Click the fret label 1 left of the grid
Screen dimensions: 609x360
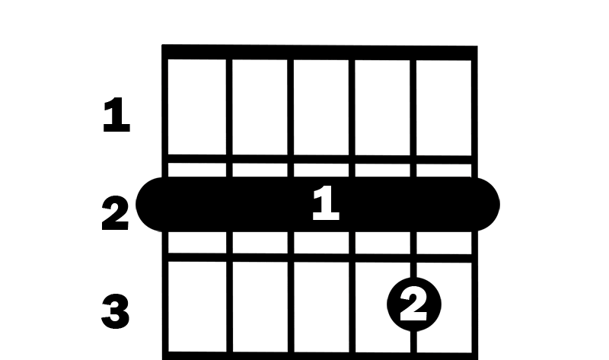point(116,115)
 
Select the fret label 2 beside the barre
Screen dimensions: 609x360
point(115,213)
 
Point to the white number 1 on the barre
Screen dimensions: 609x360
point(326,203)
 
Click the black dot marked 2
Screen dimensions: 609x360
point(414,304)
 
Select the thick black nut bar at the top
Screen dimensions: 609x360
point(320,53)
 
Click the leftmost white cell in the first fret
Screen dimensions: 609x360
point(197,107)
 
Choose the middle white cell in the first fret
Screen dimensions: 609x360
point(321,107)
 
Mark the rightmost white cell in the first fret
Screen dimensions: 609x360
point(444,108)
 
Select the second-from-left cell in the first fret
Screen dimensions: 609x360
point(260,107)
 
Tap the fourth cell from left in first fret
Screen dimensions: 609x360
point(382,107)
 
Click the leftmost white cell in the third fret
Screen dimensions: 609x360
point(197,307)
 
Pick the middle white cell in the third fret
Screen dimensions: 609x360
point(321,307)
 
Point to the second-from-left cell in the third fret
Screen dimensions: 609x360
point(260,307)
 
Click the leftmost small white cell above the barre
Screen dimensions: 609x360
point(197,170)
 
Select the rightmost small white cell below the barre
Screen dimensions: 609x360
point(444,243)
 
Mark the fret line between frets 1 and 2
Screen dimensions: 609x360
point(320,159)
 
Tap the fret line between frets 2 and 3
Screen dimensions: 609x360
point(320,258)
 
